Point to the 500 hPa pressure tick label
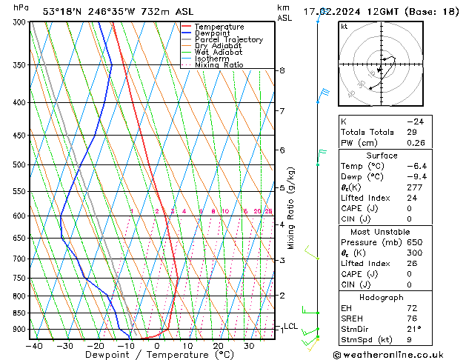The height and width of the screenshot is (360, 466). pyautogui.click(x=19, y=164)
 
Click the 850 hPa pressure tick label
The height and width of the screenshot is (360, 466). pyautogui.click(x=19, y=313)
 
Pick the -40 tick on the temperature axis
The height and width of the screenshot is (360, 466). pyautogui.click(x=34, y=345)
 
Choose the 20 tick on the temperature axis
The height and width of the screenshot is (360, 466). pyautogui.click(x=218, y=345)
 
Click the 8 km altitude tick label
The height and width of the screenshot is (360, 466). pyautogui.click(x=282, y=70)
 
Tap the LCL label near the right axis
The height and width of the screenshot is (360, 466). pyautogui.click(x=290, y=326)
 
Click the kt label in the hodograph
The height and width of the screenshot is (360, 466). pyautogui.click(x=344, y=26)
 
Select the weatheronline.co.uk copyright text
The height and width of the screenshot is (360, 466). pyautogui.click(x=398, y=354)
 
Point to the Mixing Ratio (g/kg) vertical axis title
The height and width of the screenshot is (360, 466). pyautogui.click(x=291, y=208)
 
